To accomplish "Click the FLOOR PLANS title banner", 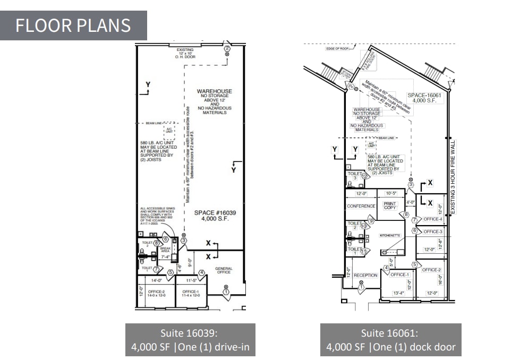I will [x=73, y=25].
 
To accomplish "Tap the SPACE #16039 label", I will [x=215, y=216].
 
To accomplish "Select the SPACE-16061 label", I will [x=424, y=98].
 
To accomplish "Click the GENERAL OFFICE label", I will [x=224, y=270].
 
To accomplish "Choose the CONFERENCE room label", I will [x=361, y=206].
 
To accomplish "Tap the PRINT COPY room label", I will [x=390, y=205].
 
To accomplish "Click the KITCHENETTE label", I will [x=393, y=235].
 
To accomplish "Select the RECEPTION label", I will [x=365, y=275].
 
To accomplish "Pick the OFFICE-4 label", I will [x=433, y=219].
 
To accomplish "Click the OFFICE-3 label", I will [x=433, y=232].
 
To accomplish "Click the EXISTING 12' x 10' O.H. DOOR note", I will [x=185, y=54].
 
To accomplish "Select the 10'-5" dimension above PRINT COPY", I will [x=391, y=193].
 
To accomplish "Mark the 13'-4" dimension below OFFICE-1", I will [x=398, y=293].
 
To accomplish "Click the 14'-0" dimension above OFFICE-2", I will [x=156, y=279].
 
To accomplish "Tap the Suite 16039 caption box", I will [x=190, y=340].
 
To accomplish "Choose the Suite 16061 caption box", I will [x=390, y=340].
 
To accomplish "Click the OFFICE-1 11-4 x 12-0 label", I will [x=191, y=293].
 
